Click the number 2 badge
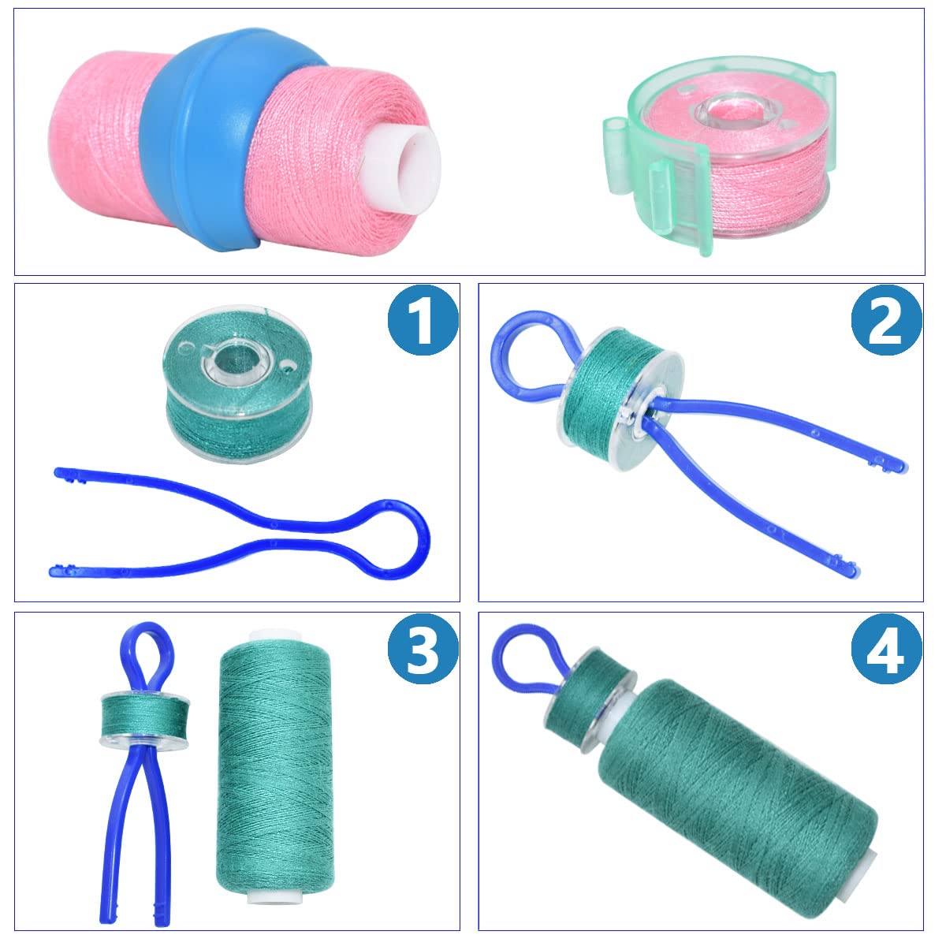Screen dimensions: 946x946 886,323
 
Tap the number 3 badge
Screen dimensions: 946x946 423,651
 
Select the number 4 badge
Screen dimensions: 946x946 886,651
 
